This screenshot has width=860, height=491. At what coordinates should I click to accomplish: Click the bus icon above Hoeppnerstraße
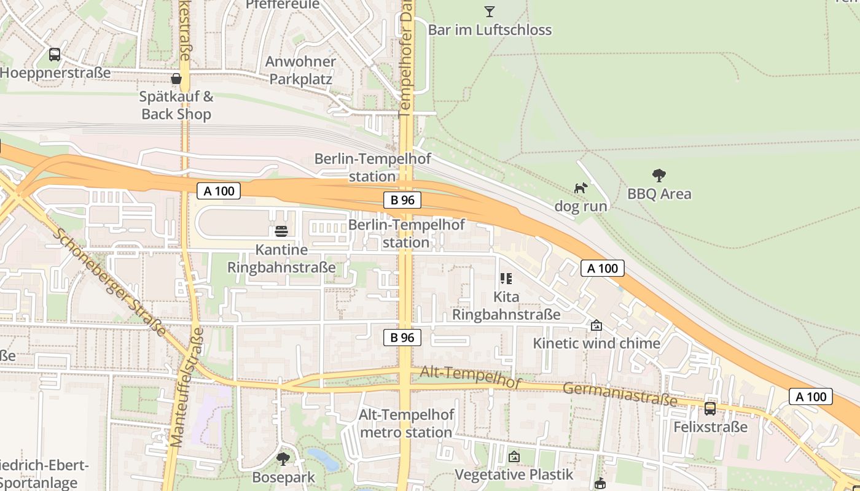55,55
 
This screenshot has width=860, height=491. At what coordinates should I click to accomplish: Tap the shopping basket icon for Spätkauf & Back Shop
176,79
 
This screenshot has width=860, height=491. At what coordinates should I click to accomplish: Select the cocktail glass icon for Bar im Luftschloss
489,11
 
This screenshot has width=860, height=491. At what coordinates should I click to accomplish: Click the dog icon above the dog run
580,188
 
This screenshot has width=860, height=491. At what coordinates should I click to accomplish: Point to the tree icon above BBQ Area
659,176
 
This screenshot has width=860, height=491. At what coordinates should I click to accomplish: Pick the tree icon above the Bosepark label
283,458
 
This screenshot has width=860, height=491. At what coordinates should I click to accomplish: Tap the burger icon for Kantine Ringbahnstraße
281,231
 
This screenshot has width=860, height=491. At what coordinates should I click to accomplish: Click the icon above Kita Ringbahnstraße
506,279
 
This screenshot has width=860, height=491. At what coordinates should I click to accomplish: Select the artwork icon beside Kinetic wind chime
596,325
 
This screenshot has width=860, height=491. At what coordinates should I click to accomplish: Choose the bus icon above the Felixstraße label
710,408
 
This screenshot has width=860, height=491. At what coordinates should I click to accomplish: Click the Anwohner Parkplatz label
301,71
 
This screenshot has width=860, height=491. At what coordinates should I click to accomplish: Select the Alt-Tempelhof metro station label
406,423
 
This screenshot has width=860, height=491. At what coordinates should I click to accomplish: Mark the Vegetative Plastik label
514,474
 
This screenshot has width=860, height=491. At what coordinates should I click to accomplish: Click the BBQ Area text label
659,194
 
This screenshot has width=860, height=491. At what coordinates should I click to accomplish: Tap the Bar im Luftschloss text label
490,30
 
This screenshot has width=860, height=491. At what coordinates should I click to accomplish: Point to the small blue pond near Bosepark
322,459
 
